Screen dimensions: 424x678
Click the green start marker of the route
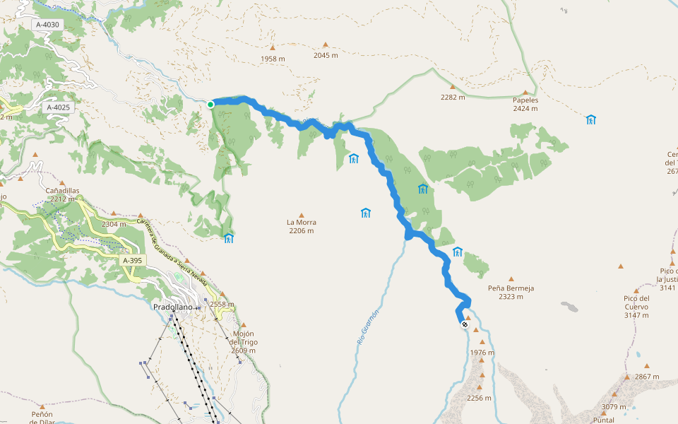[x=210, y=105]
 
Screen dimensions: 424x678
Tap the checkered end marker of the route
[x=464, y=324]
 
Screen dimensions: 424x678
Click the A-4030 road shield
[x=48, y=25]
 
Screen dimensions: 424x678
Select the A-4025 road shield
[x=58, y=107]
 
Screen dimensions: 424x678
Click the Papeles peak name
[x=525, y=100]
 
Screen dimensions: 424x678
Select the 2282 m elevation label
[x=453, y=98]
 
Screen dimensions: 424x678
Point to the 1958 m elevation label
[x=273, y=59]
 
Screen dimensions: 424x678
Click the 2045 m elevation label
[x=326, y=55]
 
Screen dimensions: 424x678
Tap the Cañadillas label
[x=62, y=190]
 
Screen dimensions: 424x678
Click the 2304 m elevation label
[x=114, y=224]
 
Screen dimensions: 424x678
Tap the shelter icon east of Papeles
[x=590, y=119]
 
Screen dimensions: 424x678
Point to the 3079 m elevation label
[x=613, y=406]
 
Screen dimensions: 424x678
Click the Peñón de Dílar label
[x=42, y=418]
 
